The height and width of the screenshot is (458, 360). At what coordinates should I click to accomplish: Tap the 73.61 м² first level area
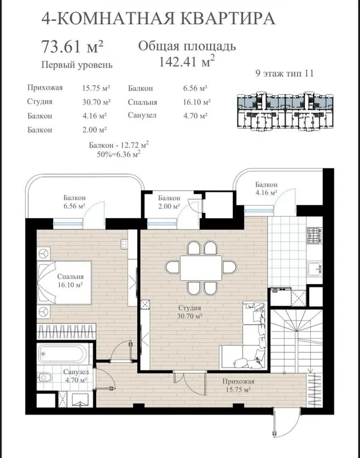73,46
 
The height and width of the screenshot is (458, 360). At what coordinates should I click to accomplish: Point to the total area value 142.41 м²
187,61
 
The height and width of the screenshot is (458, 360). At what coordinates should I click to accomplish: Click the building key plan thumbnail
285,110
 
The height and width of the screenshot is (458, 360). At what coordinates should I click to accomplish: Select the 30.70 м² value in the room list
96,102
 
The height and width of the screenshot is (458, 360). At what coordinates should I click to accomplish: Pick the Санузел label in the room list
142,115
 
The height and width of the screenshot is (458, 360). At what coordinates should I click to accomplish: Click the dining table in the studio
201,268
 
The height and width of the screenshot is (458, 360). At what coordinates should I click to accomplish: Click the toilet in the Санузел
45,378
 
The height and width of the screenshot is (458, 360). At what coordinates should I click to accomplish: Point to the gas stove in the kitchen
314,235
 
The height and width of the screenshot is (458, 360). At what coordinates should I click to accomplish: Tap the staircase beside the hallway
296,341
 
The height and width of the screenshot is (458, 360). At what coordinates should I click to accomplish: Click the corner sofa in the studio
248,336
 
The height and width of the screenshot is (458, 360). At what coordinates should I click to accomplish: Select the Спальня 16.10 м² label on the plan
70,281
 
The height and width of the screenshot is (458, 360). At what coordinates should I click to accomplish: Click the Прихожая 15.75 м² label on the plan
238,385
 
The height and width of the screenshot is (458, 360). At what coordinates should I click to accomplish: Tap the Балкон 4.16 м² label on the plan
266,188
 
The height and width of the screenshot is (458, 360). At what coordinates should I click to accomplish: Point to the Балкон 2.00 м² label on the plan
169,202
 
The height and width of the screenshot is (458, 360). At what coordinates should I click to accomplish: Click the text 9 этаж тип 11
284,73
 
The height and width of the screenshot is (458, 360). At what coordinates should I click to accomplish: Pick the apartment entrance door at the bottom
286,421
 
